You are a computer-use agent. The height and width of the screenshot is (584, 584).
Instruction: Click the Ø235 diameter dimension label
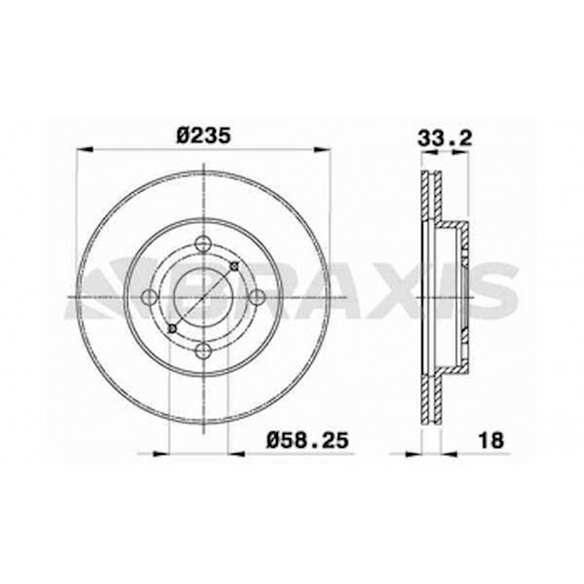[203, 135]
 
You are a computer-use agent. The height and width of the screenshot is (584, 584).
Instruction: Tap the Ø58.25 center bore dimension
[307, 439]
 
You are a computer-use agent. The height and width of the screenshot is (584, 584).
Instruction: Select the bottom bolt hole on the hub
[203, 351]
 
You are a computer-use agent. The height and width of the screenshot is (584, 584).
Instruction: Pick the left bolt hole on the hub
[149, 297]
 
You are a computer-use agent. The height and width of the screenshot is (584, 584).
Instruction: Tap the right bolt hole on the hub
[257, 297]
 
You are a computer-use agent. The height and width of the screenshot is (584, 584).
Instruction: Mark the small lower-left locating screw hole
[172, 329]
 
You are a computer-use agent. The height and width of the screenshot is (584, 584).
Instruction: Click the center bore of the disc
[203, 297]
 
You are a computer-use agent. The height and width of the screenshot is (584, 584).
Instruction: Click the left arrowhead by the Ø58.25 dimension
[160, 453]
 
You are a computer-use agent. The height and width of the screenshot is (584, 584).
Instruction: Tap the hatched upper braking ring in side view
[430, 196]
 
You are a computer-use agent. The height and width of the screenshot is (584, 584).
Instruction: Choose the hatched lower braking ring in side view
[430, 398]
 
